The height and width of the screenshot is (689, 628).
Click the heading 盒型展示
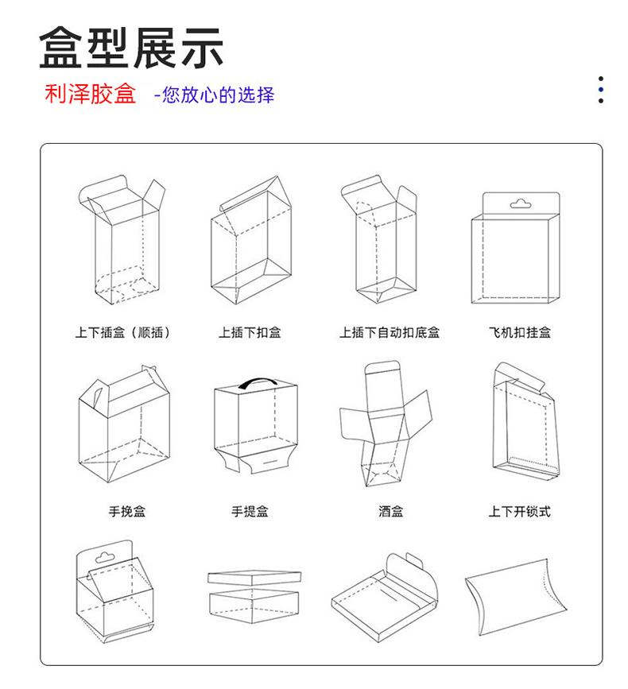131,48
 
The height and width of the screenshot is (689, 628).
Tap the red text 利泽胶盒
90,94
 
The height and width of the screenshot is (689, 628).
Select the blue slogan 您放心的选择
219,95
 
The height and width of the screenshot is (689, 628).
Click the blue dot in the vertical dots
601,90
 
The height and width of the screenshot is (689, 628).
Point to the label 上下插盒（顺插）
122,332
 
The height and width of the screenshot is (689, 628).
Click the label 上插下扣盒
250,332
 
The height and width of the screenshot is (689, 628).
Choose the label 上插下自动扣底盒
390,332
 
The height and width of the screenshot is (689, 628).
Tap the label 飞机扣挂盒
519,332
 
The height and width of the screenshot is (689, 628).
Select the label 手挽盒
127,511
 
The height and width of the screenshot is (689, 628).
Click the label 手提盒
250,511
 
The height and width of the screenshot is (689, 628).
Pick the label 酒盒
390,511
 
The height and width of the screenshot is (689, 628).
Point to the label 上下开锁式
519,511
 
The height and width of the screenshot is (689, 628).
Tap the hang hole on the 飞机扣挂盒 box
521,204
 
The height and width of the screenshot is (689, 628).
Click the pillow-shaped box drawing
515,597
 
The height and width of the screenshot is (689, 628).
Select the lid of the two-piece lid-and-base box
254,578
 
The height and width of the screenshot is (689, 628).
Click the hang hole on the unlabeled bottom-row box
105,558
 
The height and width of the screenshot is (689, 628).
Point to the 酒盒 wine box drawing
386,424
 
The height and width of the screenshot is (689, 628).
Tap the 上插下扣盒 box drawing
251,240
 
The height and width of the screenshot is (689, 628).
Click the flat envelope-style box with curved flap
385,598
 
